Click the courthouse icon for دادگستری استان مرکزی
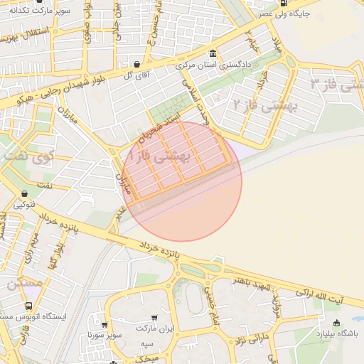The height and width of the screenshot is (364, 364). tap(213, 54)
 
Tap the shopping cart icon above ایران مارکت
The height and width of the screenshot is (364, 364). tap(154, 318)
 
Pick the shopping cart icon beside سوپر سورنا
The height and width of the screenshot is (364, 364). tap(130, 333)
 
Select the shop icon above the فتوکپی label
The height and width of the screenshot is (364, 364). tap(25, 193)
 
